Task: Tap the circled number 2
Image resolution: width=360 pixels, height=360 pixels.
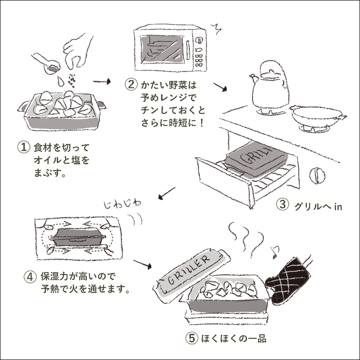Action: coord(132,83)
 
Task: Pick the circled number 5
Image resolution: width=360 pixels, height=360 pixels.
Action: coord(190,339)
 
